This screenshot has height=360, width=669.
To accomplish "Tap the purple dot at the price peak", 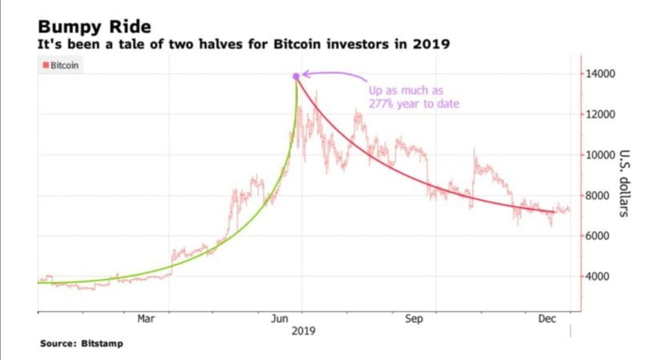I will click(x=296, y=76).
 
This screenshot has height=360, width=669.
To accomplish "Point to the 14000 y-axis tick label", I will click(x=600, y=74).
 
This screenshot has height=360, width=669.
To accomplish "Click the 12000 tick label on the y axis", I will click(x=600, y=115).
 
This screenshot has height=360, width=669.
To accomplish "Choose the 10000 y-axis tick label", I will click(x=600, y=155).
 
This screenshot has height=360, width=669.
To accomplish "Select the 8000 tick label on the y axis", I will click(x=598, y=196).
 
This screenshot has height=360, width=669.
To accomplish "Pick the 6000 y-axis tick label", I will click(x=598, y=236).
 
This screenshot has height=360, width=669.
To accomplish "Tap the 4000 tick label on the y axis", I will click(x=598, y=276).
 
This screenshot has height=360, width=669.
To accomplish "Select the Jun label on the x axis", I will click(x=280, y=318).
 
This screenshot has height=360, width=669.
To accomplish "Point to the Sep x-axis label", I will click(x=414, y=318).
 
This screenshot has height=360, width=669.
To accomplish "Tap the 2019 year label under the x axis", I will click(x=304, y=331).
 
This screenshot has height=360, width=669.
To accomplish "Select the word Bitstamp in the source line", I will click(x=102, y=343).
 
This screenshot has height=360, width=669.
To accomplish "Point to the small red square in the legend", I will click(x=45, y=65).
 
